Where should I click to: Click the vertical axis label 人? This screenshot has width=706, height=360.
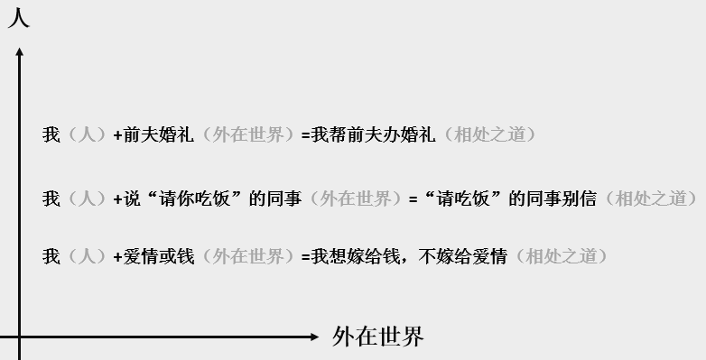pos(18,17)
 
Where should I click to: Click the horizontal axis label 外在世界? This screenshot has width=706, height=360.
pos(377,337)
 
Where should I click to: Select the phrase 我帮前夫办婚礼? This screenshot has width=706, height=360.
pos(373,135)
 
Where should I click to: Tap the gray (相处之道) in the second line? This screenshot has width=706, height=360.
pos(650,198)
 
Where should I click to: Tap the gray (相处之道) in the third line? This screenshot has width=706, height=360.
pos(562,256)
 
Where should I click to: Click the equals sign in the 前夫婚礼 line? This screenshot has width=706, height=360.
pos(305,135)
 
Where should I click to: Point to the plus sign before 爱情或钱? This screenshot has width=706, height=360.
pos(117,256)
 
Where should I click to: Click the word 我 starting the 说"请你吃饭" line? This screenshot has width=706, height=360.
pos(51,198)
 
